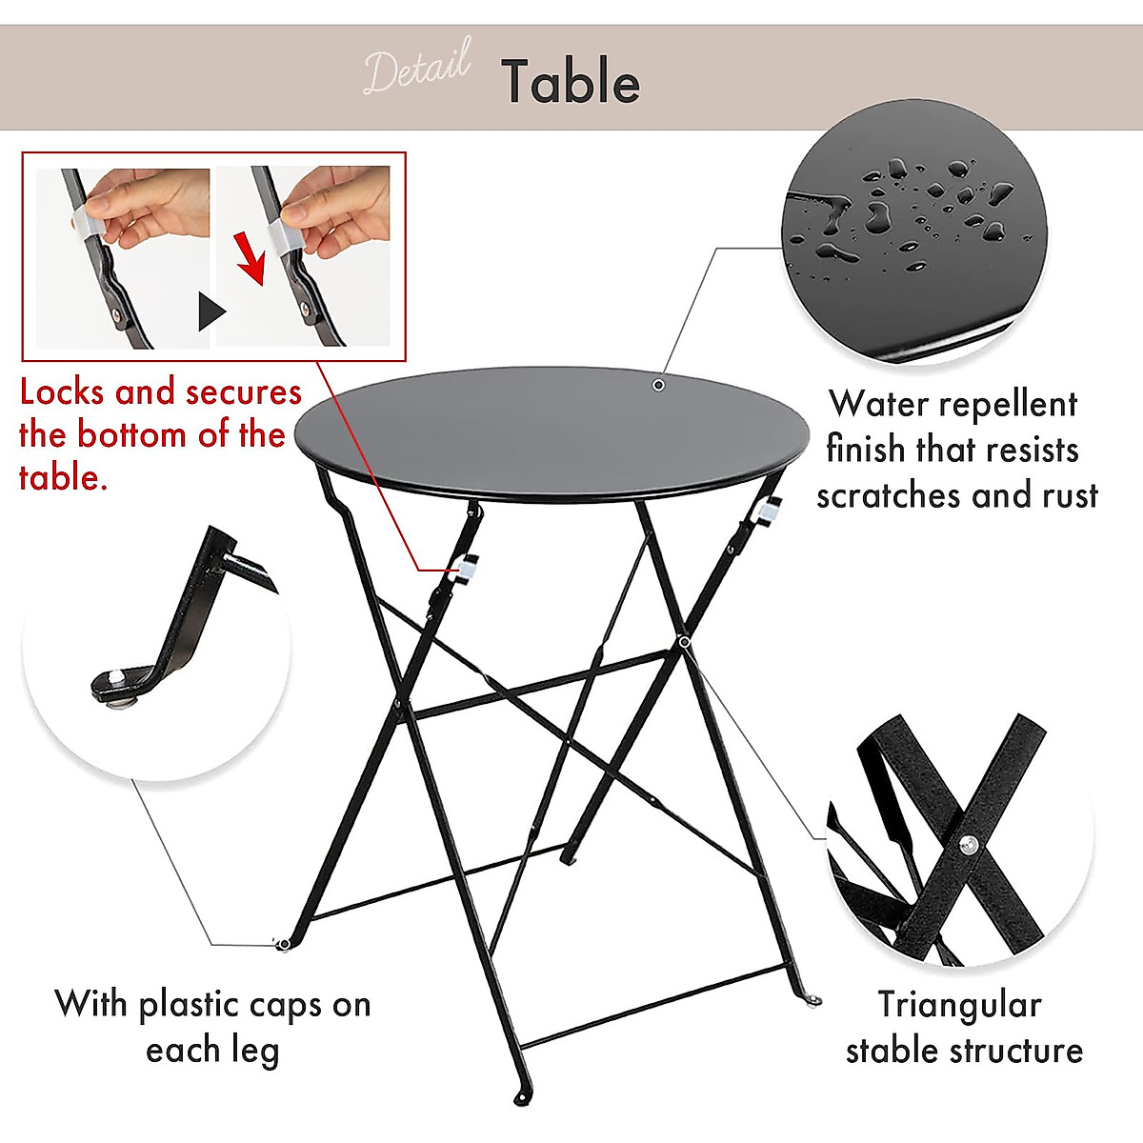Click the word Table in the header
571,82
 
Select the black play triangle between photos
211,311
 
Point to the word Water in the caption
873,404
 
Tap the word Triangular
959,1005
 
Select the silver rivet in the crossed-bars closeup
969,843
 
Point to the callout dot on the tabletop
658,385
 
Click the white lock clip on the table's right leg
765,511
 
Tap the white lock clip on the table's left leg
467,567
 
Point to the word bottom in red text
132,435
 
